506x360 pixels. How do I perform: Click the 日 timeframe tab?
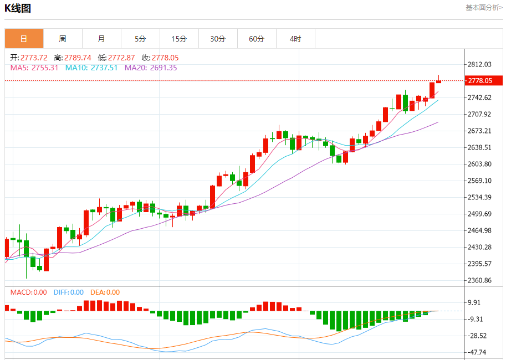point(24,39)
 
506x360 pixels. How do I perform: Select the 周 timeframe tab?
point(63,39)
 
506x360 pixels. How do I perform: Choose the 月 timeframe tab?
point(101,39)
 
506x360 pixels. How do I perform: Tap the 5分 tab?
point(140,39)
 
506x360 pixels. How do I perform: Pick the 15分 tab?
point(179,39)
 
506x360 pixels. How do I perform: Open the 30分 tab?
point(218,39)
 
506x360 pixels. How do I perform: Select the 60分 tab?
point(257,39)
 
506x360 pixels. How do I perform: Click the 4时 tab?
point(295,39)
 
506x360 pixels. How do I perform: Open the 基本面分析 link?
point(484,8)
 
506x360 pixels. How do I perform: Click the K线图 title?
point(18,8)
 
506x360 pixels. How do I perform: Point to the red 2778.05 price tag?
point(483,81)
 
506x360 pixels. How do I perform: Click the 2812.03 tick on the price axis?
point(480,65)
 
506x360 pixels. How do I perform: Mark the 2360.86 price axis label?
point(480,281)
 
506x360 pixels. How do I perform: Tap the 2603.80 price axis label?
point(480,164)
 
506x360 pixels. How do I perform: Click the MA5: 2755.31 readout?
point(34,68)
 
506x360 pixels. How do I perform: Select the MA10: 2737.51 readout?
point(91,68)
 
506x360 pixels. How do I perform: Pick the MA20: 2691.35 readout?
point(151,68)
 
